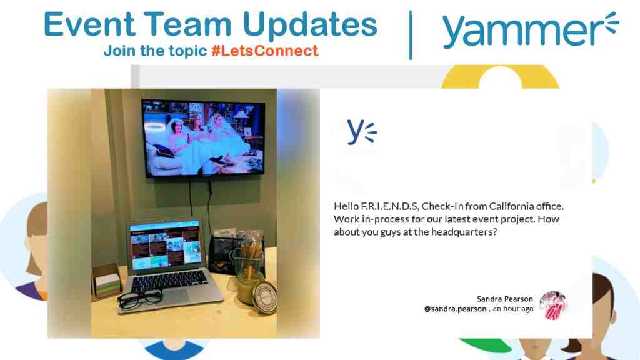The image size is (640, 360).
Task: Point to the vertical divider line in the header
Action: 410,34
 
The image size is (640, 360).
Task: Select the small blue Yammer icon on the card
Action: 361,131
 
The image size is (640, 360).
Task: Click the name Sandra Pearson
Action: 504,299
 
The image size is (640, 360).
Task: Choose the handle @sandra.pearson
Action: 456,309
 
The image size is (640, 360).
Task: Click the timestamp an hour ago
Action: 513,309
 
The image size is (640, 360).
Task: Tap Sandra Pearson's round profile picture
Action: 552,305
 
